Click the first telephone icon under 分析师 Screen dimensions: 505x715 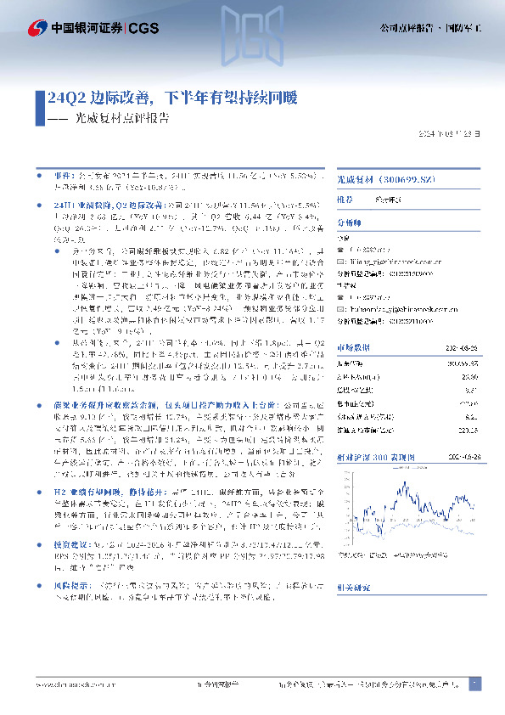(339, 250)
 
